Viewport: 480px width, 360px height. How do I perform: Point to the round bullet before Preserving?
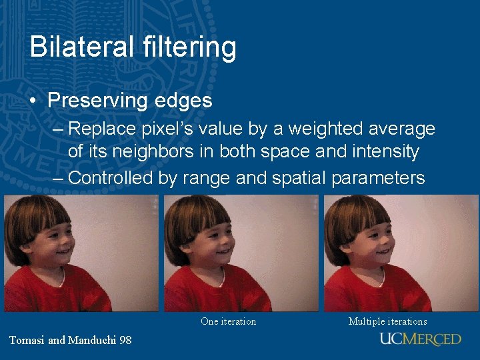click(33, 101)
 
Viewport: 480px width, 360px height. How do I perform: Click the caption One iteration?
click(228, 321)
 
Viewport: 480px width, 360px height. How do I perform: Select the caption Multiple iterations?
click(388, 321)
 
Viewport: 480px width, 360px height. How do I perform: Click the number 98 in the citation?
click(125, 340)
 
